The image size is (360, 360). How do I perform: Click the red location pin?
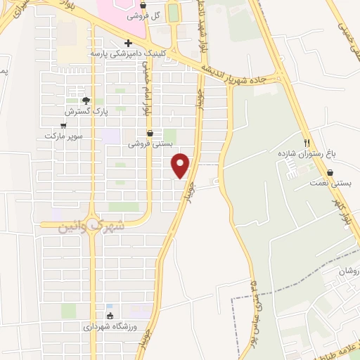(181, 165)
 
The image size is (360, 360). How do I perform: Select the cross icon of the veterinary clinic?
(128, 43)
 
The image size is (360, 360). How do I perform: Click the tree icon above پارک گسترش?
(86, 101)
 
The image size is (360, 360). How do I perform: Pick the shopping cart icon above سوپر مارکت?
(63, 125)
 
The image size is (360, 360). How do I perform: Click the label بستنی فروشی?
(150, 143)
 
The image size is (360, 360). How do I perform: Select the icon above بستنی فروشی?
(150, 132)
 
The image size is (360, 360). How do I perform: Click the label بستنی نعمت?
(329, 183)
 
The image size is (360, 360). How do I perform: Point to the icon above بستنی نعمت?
(330, 172)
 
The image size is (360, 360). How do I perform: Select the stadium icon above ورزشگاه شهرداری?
(109, 316)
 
